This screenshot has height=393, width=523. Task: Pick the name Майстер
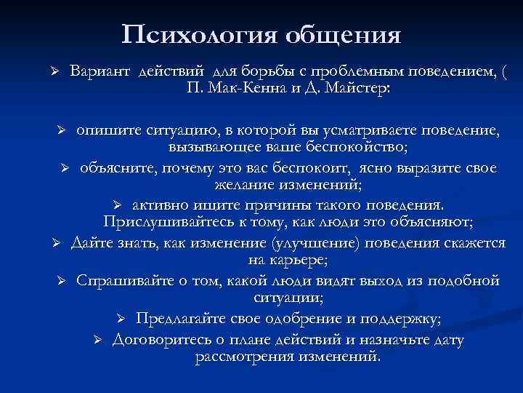[x=357, y=88]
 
